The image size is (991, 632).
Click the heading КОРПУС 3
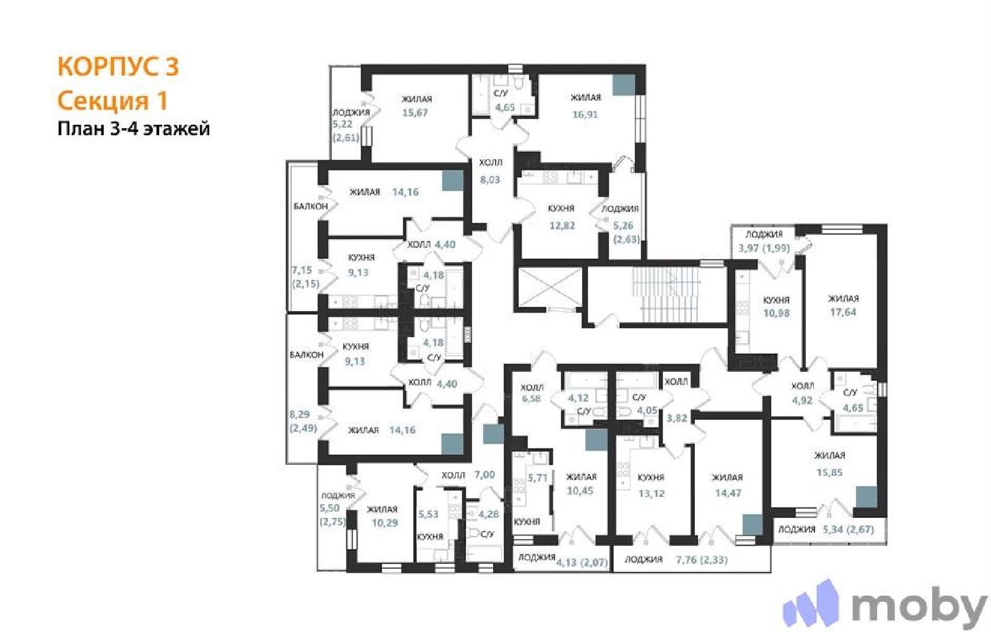[x=118, y=66]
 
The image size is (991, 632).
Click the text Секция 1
[x=113, y=100]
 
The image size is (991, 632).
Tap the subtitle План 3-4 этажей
[x=134, y=129]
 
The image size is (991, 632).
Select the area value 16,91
[x=585, y=114]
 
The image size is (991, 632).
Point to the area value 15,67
[x=414, y=113]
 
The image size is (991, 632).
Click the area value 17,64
[x=843, y=312]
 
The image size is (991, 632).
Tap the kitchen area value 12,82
[x=562, y=226]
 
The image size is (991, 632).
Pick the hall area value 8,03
[x=490, y=180]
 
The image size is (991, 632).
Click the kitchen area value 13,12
[x=651, y=493]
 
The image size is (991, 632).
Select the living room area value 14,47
[x=728, y=493]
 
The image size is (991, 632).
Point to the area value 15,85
[x=829, y=472]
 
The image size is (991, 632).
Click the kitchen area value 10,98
[x=776, y=314]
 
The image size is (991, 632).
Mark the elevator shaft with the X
[x=549, y=288]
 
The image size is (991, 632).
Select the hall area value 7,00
[x=484, y=475]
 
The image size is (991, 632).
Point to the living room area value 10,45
[x=580, y=491]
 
